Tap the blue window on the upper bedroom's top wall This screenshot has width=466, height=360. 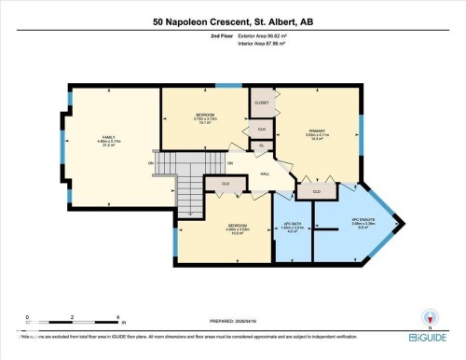click(x=223, y=86)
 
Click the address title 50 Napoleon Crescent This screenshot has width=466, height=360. click(x=232, y=21)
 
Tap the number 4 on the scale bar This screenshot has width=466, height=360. click(x=117, y=317)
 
